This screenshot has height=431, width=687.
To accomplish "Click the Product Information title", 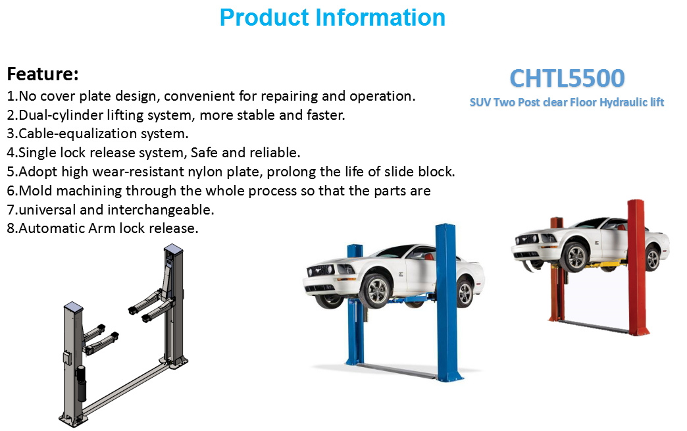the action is click(332, 18).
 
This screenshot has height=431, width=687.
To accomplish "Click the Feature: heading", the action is click(43, 74).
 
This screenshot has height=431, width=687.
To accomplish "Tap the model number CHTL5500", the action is click(567, 78).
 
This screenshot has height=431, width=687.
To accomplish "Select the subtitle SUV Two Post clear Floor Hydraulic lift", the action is click(567, 103).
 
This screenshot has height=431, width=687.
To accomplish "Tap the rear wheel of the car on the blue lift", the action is click(464, 293).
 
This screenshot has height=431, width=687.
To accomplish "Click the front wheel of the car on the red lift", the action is click(576, 257).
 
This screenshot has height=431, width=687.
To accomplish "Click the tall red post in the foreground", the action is click(637, 267).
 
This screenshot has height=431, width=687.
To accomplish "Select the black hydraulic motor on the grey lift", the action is click(81, 383).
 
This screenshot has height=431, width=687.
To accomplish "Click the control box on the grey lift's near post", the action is click(68, 358).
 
